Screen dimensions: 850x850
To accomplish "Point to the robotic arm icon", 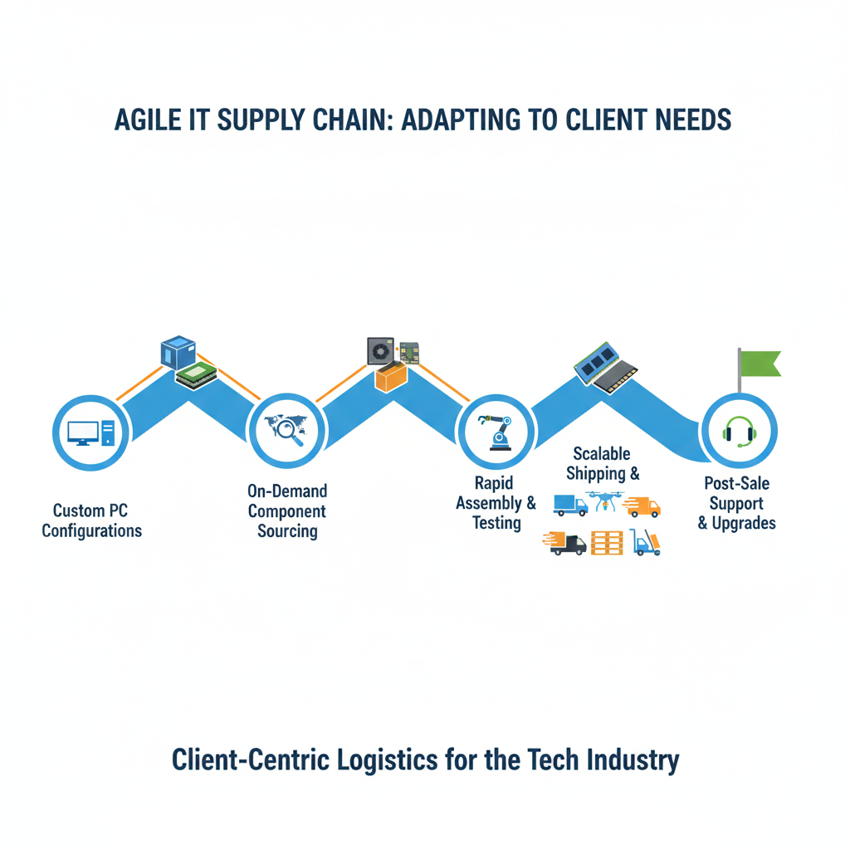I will pos(496,432).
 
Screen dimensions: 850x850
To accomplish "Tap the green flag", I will pos(760,364).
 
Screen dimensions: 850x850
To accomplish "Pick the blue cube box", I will pos(178,352).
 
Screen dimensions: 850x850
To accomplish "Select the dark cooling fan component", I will pos(381,351).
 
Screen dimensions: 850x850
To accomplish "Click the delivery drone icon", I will pos(604,502).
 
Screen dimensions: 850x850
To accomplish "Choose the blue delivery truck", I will pos(570,505).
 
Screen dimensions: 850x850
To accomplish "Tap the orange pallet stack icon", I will pos(607,543).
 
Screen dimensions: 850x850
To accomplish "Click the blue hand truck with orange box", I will pos(646,543).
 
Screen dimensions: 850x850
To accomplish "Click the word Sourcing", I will pos(287,531).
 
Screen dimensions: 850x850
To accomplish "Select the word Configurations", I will pos(92,531).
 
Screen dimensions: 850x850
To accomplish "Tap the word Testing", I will pos(496,523).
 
